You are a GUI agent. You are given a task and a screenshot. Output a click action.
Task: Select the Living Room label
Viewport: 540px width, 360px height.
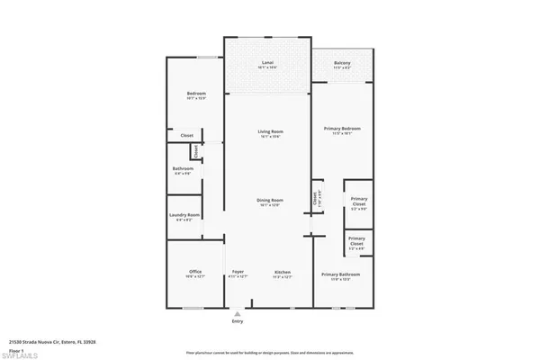265,134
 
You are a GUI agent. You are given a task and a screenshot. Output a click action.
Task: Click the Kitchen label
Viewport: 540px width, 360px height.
283,274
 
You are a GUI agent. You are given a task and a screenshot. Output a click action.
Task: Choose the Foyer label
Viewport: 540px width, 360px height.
238,274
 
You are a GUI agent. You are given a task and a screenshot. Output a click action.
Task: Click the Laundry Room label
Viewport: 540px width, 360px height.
184,216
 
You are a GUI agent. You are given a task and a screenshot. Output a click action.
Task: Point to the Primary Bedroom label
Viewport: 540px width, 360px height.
343,131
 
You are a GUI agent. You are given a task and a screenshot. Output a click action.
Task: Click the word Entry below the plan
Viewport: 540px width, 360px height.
238,321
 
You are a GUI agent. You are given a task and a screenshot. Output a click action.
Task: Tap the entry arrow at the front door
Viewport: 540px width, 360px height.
238,313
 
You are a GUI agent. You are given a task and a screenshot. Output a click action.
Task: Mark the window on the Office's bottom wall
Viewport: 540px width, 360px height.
193,308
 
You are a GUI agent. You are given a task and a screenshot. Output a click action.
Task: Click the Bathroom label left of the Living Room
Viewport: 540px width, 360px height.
184,170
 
